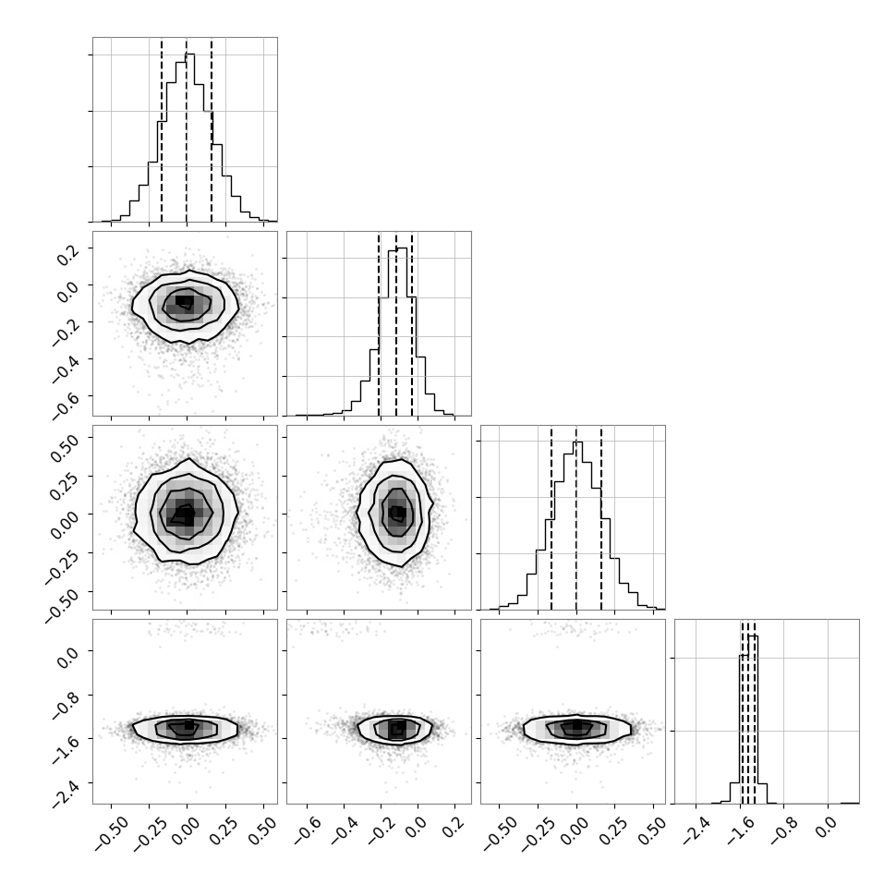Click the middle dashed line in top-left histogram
point(187,130)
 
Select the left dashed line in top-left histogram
point(162,130)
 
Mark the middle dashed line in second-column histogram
point(396,324)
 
